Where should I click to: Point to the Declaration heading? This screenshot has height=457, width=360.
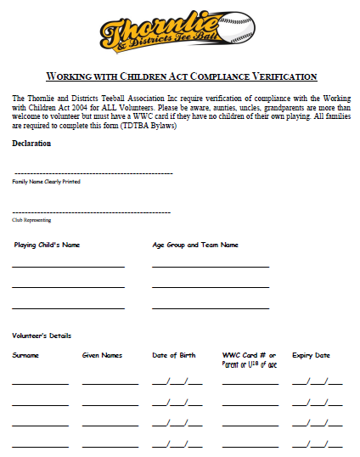click(x=31, y=143)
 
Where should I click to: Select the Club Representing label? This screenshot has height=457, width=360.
click(x=31, y=220)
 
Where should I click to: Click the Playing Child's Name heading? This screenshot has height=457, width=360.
click(x=47, y=245)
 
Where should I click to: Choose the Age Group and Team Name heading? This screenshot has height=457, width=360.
click(x=195, y=245)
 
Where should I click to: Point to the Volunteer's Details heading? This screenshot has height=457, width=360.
click(x=42, y=336)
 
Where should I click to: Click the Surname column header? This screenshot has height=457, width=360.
click(x=25, y=355)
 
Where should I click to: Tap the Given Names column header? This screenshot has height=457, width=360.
click(x=102, y=355)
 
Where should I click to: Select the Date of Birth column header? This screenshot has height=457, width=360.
click(x=174, y=355)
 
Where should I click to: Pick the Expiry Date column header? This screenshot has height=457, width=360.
click(x=312, y=355)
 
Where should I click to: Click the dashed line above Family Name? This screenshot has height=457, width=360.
click(x=93, y=172)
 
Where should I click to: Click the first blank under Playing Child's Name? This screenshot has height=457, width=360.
click(x=68, y=267)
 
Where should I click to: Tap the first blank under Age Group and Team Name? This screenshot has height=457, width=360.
click(x=211, y=267)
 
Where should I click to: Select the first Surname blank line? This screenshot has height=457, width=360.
click(x=40, y=383)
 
